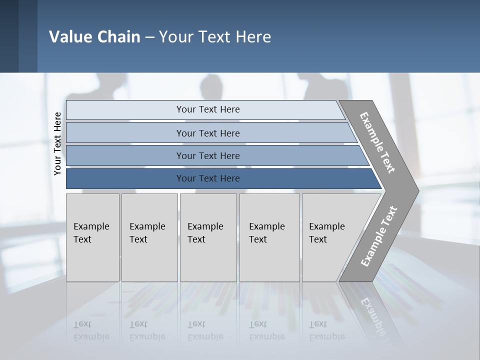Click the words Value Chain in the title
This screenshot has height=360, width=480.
(x=94, y=37)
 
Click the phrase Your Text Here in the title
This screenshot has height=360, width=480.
(x=215, y=37)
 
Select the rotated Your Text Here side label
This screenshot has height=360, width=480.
(x=57, y=144)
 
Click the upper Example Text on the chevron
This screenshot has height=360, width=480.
(x=377, y=142)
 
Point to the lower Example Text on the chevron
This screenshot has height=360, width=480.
(x=378, y=236)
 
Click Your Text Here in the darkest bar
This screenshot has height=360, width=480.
(x=208, y=178)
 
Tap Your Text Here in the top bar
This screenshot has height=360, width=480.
(x=208, y=109)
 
